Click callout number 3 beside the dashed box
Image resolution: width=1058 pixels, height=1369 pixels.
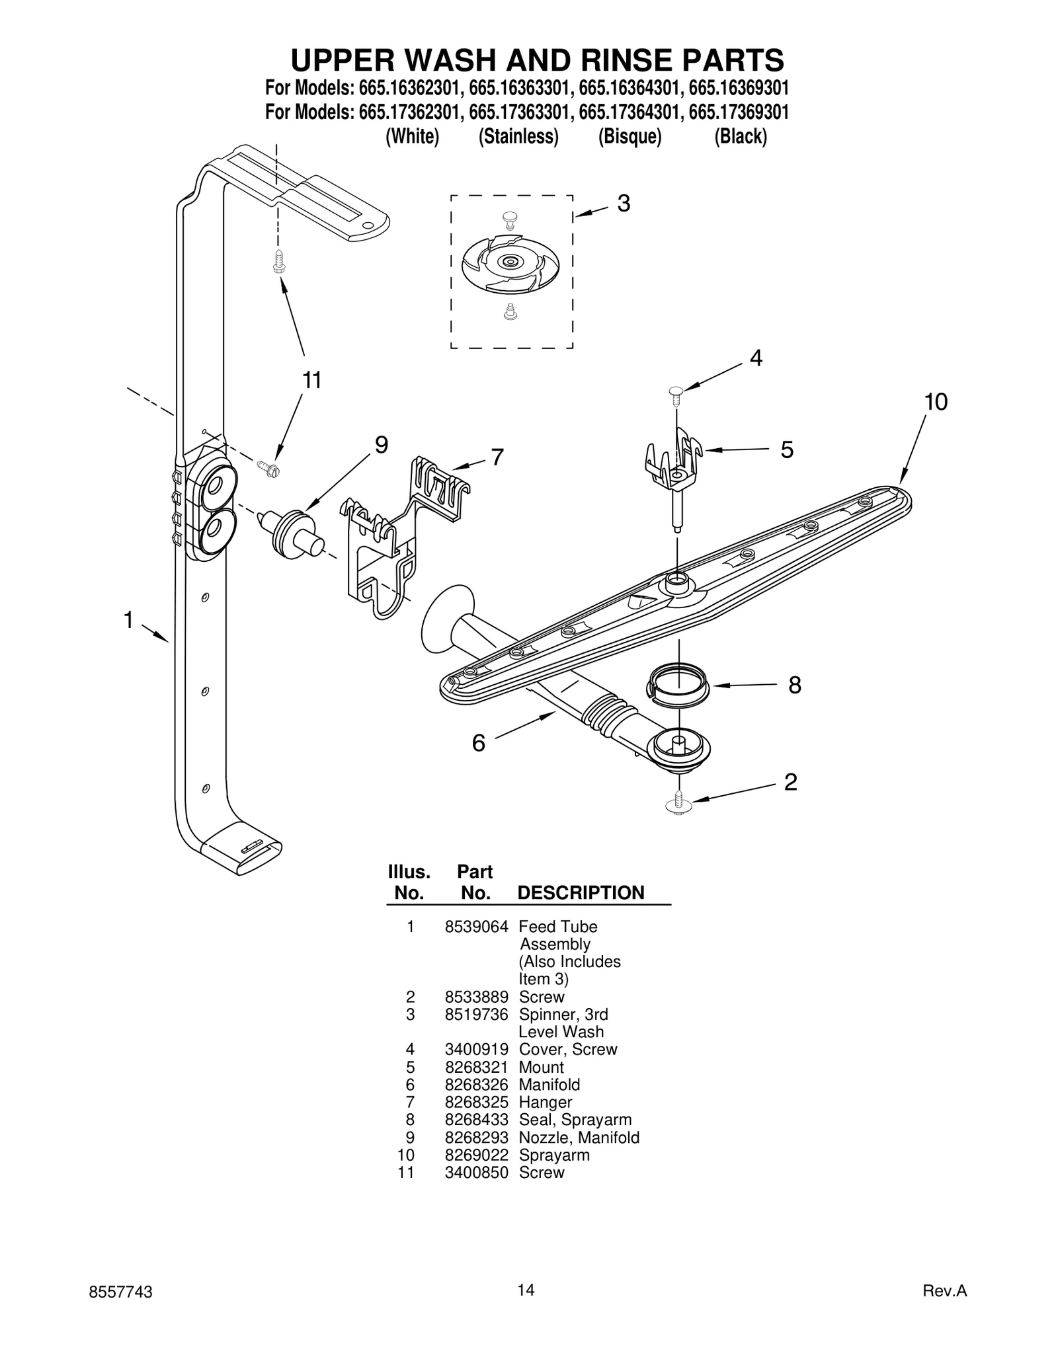point(623,204)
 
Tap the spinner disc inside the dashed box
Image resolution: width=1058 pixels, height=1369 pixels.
point(510,262)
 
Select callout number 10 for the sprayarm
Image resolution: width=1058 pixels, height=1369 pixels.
point(935,401)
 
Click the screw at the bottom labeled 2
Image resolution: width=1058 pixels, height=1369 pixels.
point(678,804)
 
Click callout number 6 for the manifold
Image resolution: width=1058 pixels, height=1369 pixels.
point(478,743)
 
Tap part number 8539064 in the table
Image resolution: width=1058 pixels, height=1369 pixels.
point(476,927)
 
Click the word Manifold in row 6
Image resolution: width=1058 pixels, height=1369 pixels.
point(549,1085)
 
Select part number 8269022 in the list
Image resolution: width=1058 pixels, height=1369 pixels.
point(476,1155)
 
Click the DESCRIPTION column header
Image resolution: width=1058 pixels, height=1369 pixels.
point(580,893)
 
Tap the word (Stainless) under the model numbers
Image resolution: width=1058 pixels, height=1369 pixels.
point(518,137)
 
